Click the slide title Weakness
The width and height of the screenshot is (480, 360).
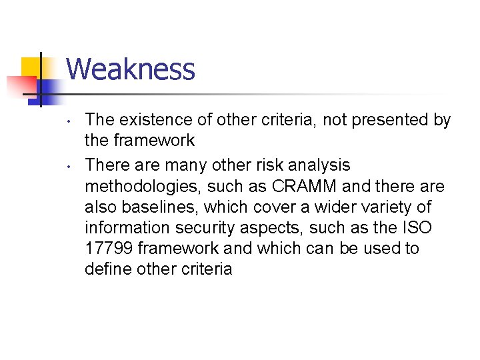coord(131,69)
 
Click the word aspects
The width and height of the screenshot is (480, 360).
coord(279,227)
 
